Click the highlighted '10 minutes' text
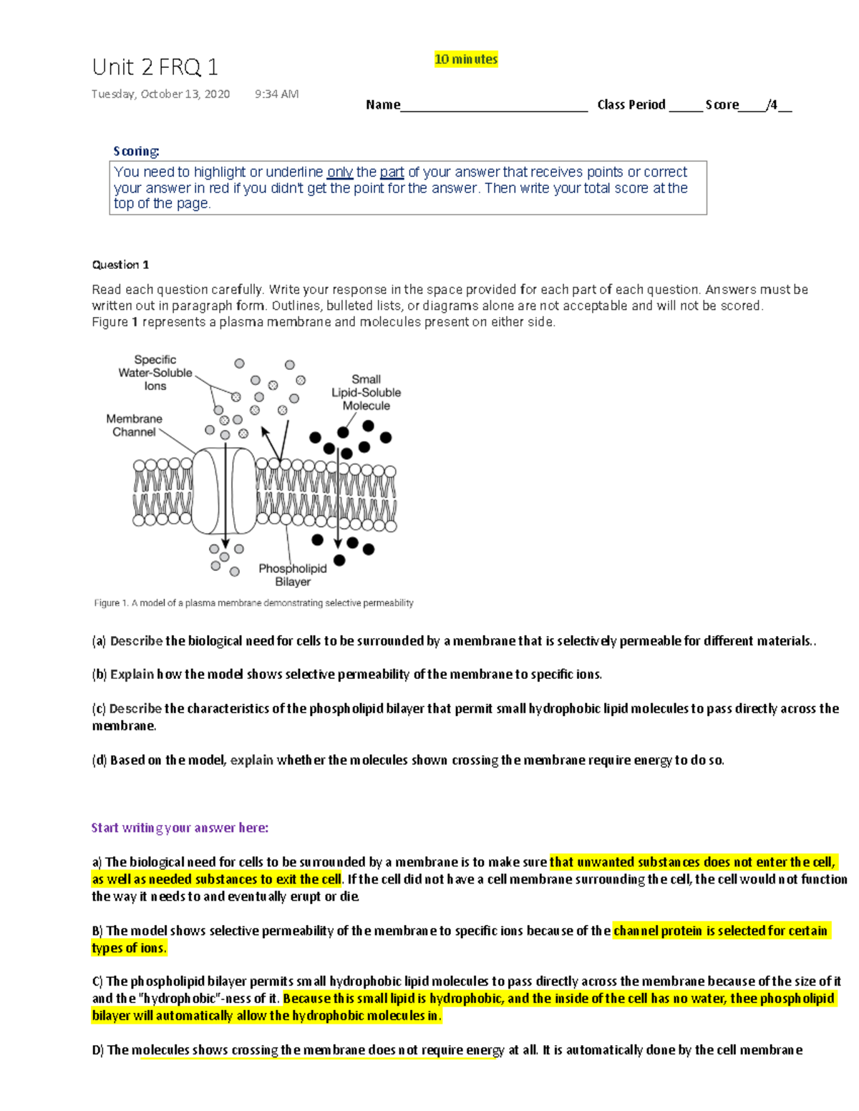pyautogui.click(x=465, y=59)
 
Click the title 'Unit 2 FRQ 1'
pyautogui.click(x=155, y=67)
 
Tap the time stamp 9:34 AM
pyautogui.click(x=276, y=94)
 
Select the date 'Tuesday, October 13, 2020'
pyautogui.click(x=160, y=94)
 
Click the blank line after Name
pyautogui.click(x=494, y=106)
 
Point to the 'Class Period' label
pyautogui.click(x=631, y=104)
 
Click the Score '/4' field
pyautogui.click(x=774, y=105)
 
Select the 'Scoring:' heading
pyautogui.click(x=136, y=151)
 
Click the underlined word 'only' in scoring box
pyautogui.click(x=339, y=172)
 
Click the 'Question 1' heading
pyautogui.click(x=120, y=265)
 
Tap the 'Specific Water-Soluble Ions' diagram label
pyautogui.click(x=155, y=373)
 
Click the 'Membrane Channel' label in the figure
pyautogui.click(x=134, y=425)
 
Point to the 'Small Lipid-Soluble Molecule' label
pyautogui.click(x=366, y=392)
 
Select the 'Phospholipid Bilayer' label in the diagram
pyautogui.click(x=292, y=574)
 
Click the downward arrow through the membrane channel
pyautogui.click(x=225, y=501)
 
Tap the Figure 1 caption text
pyautogui.click(x=253, y=603)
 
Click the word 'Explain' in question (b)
pyautogui.click(x=132, y=674)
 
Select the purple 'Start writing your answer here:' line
pyautogui.click(x=180, y=828)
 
